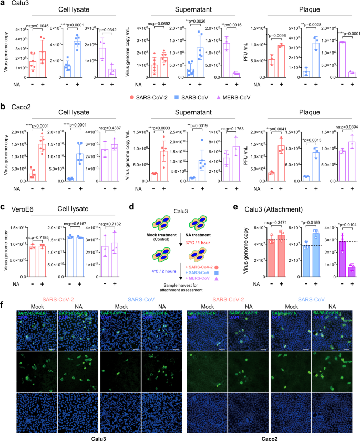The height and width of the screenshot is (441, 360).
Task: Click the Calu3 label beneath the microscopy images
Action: [x=91, y=436]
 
